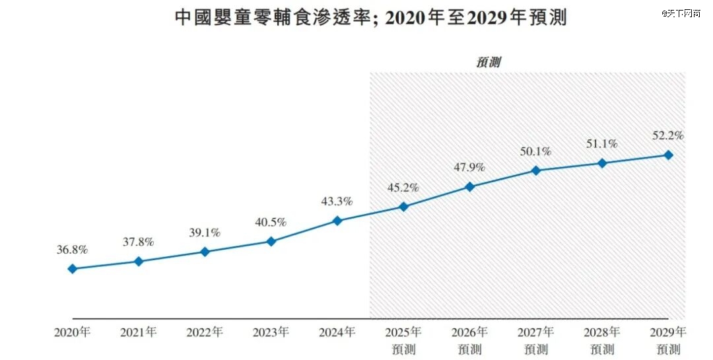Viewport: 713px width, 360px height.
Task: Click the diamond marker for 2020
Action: point(72,269)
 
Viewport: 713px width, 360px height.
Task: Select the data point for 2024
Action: point(337,221)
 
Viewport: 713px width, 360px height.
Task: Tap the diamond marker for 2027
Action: point(536,170)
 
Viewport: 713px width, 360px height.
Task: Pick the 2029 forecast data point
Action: point(668,155)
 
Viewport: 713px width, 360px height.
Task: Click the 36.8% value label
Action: point(72,250)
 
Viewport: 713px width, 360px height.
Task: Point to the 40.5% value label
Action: point(271,223)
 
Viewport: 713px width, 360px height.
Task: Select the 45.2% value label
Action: point(403,188)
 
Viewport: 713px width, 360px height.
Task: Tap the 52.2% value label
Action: point(668,135)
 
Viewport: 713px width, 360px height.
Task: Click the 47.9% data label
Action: point(469,167)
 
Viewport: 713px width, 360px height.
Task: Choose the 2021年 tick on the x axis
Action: point(139,332)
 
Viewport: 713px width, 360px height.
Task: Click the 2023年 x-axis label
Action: point(271,332)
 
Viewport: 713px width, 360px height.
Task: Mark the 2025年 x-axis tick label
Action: point(403,332)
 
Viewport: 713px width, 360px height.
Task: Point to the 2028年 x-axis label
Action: point(602,332)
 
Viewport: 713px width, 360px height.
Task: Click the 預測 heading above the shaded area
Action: point(489,63)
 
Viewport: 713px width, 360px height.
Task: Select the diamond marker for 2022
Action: point(205,252)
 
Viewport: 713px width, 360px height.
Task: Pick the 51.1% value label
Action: point(602,144)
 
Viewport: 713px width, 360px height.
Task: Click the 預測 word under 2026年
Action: point(469,349)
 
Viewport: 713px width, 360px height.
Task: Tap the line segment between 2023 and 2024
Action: point(304,231)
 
